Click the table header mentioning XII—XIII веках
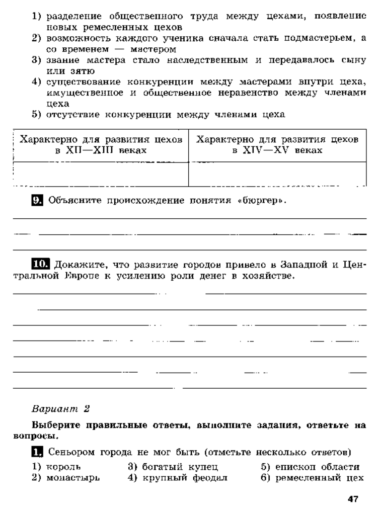click(x=101, y=144)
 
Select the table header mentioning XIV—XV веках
click(x=277, y=144)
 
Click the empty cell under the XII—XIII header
click(x=101, y=174)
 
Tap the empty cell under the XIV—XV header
click(x=277, y=174)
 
